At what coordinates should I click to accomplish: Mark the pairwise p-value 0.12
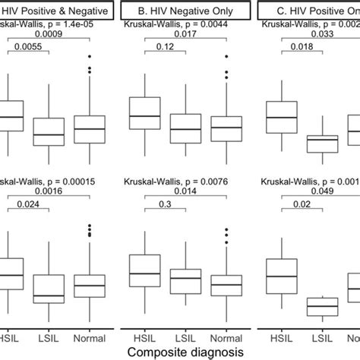click(x=160, y=46)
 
